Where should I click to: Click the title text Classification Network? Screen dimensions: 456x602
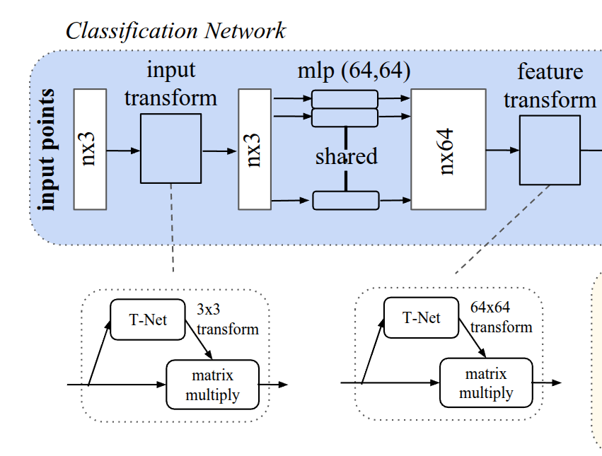175,30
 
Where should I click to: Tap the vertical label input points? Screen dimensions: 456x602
47,150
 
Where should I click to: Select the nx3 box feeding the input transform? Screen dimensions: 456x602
90,149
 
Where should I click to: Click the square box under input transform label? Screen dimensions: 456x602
171,149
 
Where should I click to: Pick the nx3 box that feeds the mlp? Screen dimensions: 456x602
255,149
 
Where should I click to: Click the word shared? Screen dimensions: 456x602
346,156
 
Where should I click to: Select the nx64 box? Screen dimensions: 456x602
448,149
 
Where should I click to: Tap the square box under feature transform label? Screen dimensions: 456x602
550,148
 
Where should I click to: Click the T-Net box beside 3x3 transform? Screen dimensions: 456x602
148,320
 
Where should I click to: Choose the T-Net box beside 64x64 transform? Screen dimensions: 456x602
422,317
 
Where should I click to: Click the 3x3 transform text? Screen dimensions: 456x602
227,320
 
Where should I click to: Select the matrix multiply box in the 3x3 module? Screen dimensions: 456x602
212,384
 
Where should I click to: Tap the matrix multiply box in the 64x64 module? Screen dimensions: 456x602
486,382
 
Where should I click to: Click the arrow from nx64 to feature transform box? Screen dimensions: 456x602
503,150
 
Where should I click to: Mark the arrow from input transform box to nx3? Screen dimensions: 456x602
220,151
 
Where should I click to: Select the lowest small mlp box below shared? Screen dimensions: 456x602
346,201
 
